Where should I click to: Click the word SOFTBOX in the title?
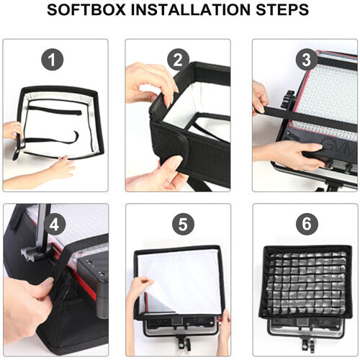pyautogui.click(x=86, y=9)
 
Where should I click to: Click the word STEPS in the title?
pyautogui.click(x=282, y=9)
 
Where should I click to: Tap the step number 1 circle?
pyautogui.click(x=53, y=60)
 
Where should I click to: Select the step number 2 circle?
pyautogui.click(x=178, y=60)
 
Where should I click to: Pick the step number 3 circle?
pyautogui.click(x=307, y=60)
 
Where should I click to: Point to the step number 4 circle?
pyautogui.click(x=54, y=225)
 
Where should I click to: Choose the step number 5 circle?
pyautogui.click(x=183, y=225)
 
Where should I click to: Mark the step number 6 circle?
pyautogui.click(x=307, y=224)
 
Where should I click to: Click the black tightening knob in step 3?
pyautogui.click(x=289, y=99)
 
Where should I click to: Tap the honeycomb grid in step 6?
pyautogui.click(x=306, y=283)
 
